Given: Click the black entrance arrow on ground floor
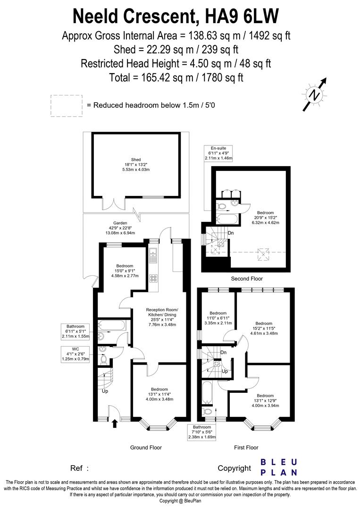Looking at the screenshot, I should pos(114,424).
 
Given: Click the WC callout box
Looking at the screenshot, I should pos(75,354).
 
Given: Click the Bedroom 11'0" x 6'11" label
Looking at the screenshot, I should pos(218,318).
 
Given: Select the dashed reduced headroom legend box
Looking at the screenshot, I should pos(66,105).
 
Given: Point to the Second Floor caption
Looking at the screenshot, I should pos(246,279).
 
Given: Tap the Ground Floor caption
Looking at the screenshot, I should pos(146,447).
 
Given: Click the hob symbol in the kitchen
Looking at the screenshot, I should pos(153,278).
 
